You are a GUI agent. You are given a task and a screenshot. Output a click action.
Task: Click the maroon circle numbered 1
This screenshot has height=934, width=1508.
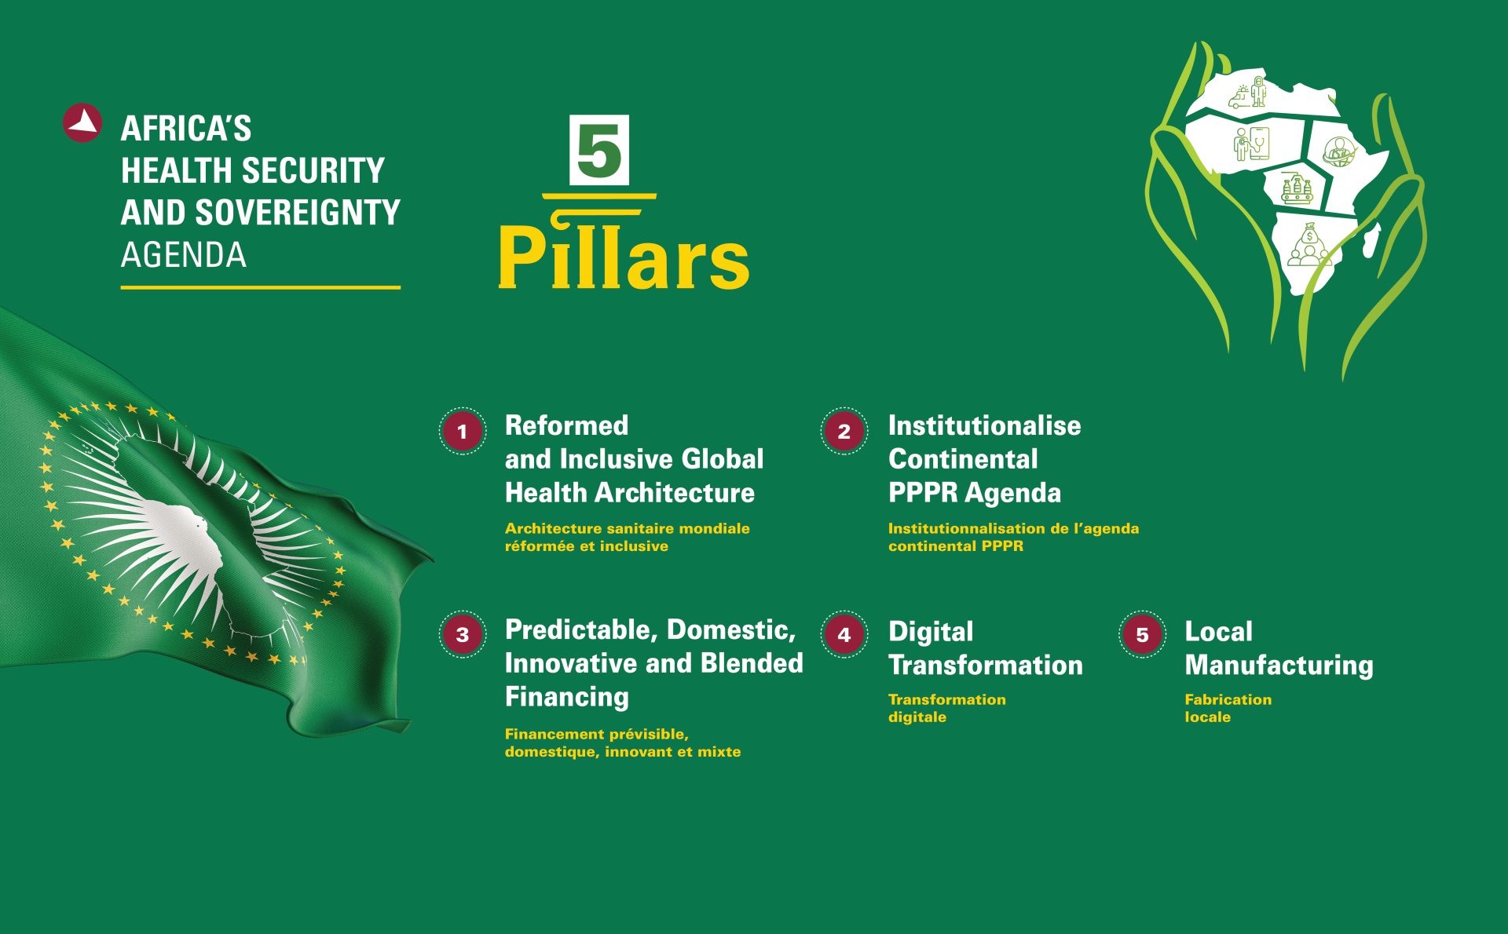(462, 431)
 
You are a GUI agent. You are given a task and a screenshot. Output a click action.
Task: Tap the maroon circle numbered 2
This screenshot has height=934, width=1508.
(844, 431)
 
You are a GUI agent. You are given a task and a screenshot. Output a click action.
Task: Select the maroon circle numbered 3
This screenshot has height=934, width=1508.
(462, 634)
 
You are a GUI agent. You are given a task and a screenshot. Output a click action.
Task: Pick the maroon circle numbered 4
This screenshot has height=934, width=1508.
(844, 634)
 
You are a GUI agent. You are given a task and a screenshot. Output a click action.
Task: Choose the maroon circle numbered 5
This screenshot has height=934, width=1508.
(1142, 634)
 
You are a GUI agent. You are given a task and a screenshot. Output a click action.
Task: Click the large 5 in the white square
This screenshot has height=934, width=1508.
(599, 150)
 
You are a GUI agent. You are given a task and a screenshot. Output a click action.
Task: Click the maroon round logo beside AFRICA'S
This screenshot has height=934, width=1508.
(82, 123)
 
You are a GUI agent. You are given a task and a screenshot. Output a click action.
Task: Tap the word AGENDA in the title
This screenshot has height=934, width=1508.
(184, 255)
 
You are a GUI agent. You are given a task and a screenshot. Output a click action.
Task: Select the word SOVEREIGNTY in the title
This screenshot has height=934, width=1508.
(298, 213)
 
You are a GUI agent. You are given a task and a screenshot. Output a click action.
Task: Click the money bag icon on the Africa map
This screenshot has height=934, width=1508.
(1308, 246)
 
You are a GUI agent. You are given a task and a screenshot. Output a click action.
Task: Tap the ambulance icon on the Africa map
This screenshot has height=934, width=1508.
(1240, 97)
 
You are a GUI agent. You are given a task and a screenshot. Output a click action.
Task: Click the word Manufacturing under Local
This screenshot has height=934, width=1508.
(1279, 666)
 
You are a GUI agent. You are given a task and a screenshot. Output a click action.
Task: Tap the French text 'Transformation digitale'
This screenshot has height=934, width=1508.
(946, 708)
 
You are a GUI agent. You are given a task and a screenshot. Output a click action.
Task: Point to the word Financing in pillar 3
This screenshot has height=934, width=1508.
(567, 697)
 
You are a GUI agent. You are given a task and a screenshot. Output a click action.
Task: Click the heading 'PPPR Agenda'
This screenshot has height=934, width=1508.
(975, 493)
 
